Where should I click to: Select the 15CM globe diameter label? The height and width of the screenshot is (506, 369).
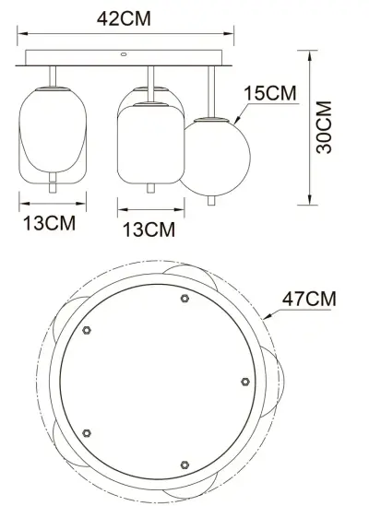[x=270, y=94]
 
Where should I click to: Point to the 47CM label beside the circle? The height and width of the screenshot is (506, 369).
[x=308, y=300]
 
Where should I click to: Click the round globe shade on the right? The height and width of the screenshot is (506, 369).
[x=214, y=154]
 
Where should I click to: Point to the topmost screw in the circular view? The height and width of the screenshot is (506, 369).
[x=185, y=299]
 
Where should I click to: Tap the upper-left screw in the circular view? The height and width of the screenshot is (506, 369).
[x=88, y=329]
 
